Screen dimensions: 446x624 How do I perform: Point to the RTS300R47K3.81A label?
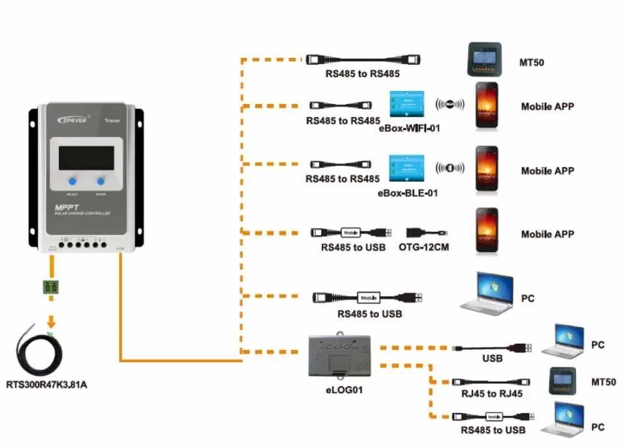(x=46, y=385)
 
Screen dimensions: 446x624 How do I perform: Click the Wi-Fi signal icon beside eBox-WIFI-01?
(x=450, y=105)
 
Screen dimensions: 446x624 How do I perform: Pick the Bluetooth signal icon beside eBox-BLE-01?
(x=450, y=168)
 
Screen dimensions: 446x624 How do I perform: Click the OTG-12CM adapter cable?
(x=427, y=232)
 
